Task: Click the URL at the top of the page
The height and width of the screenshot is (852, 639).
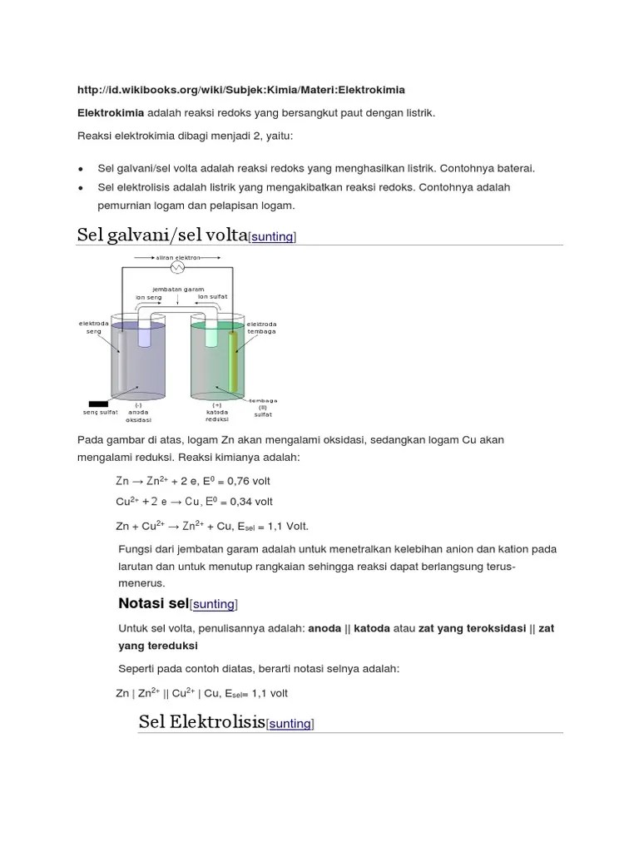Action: point(240,89)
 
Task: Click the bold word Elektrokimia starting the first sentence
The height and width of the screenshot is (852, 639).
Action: point(111,112)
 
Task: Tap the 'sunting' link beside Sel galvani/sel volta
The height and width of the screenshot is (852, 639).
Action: point(272,237)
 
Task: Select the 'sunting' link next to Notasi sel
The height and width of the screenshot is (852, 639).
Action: point(214,604)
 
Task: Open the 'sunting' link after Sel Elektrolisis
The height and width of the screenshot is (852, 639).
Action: point(290,724)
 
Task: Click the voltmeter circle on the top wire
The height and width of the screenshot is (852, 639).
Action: point(176,268)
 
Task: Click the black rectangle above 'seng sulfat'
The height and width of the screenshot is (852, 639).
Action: point(98,404)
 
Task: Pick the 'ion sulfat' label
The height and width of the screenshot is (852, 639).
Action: point(212,296)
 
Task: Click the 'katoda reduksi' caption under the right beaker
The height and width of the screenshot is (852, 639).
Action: point(216,412)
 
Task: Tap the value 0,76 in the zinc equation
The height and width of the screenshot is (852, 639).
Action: point(234,481)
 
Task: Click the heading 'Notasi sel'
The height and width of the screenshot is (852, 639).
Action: point(154,602)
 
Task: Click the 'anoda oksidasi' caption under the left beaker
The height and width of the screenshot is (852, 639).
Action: point(138,412)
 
